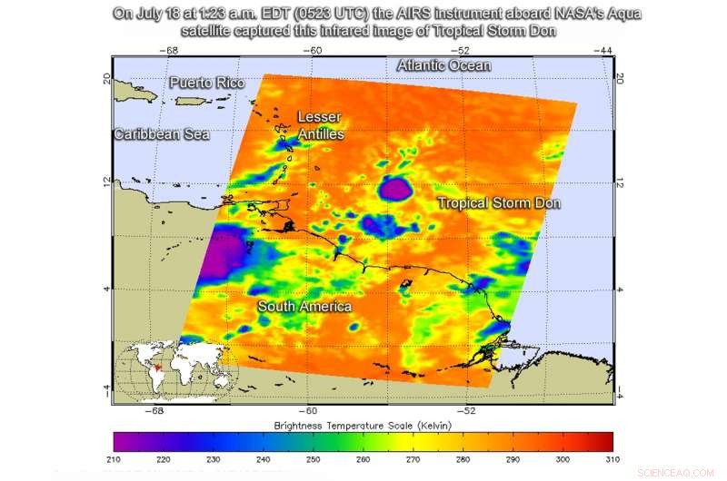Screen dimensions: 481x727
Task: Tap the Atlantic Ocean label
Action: [444, 65]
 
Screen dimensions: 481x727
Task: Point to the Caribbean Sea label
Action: [161, 134]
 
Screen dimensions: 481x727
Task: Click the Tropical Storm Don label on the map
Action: [499, 202]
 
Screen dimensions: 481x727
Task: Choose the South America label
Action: [304, 307]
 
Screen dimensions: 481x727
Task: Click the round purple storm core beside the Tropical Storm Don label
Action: [395, 189]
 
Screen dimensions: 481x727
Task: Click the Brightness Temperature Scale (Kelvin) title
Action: [363, 425]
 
